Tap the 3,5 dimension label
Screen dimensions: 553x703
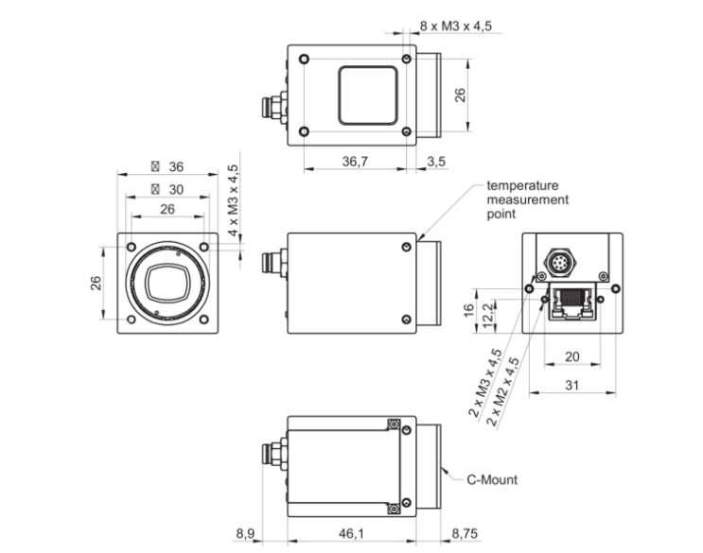(x=436, y=162)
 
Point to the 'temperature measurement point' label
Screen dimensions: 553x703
(x=528, y=199)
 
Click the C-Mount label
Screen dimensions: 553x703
(x=493, y=479)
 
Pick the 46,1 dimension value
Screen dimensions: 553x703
(x=349, y=534)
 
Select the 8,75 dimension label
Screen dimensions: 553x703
(x=464, y=534)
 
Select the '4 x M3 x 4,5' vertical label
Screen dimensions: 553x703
(x=233, y=200)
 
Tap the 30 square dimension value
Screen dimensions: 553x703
(x=174, y=188)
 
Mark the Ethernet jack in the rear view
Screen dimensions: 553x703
(x=571, y=302)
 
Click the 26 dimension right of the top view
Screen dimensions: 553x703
(x=460, y=95)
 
